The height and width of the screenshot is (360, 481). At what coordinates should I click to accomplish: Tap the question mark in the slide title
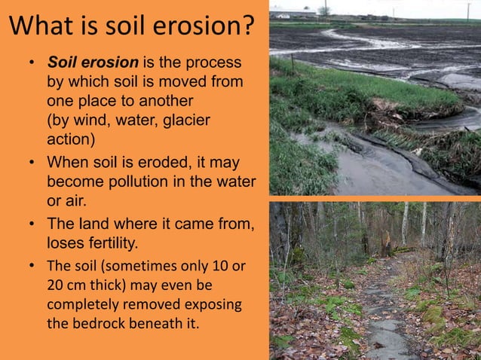pyautogui.click(x=246, y=27)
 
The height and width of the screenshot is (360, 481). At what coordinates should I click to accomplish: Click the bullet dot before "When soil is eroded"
pyautogui.click(x=32, y=163)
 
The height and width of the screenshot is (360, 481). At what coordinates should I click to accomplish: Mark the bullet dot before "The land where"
pyautogui.click(x=32, y=224)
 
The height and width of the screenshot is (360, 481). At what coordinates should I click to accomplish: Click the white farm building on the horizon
pyautogui.click(x=282, y=15)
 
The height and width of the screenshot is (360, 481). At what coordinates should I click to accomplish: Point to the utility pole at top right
pyautogui.click(x=468, y=9)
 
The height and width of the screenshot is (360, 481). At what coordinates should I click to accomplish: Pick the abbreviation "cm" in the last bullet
pyautogui.click(x=78, y=285)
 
